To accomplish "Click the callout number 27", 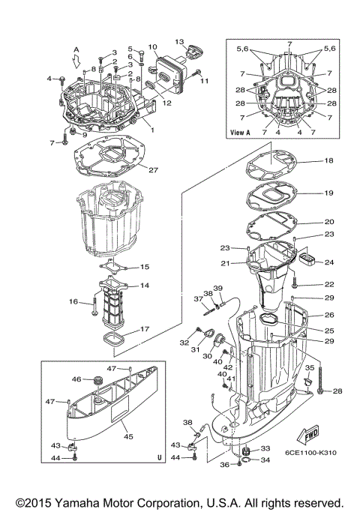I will pyautogui.click(x=154, y=170).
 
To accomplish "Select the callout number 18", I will pyautogui.click(x=328, y=161).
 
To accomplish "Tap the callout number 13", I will pyautogui.click(x=179, y=41).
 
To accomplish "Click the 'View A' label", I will pyautogui.click(x=242, y=132).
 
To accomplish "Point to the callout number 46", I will pyautogui.click(x=76, y=379).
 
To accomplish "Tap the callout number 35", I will pyautogui.click(x=308, y=368).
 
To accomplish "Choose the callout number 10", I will pyautogui.click(x=152, y=47).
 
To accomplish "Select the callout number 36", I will pyautogui.click(x=225, y=465).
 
